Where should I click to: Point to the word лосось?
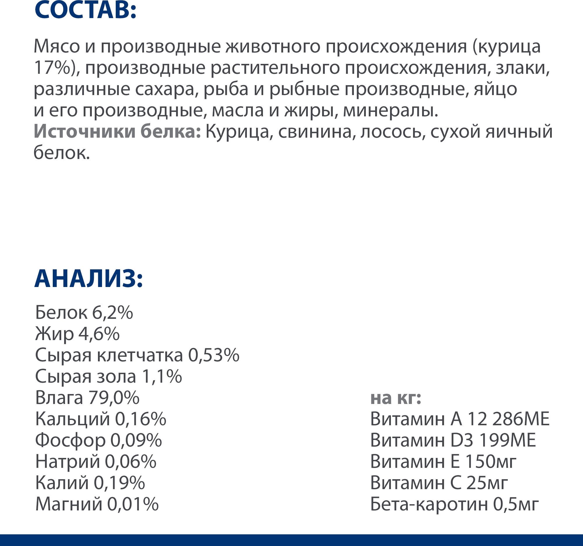[x=392, y=132]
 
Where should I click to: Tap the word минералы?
[x=390, y=110]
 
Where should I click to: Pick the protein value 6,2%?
[x=113, y=312]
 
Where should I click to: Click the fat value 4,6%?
[x=99, y=334]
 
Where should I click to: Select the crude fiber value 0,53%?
[x=213, y=355]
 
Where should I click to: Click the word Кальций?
[x=72, y=419]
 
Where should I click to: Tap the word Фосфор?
[x=70, y=440]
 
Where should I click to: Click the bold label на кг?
[x=396, y=398]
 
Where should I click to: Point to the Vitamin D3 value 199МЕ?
[x=507, y=440]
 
